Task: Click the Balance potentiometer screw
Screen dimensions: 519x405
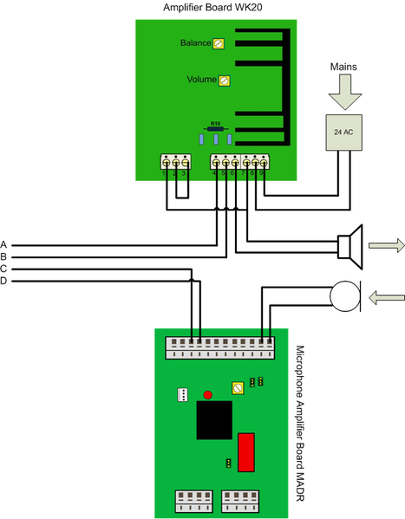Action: pos(219,42)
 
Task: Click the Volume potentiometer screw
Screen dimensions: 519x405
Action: pos(225,81)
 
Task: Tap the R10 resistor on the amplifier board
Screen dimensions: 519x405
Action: pos(216,127)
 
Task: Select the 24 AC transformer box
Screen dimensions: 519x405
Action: pos(344,131)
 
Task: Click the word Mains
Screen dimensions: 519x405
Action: pos(344,66)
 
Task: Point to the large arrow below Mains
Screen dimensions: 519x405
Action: pos(344,92)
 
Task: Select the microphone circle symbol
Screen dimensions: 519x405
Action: pos(344,295)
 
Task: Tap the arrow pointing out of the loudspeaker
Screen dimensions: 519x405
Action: pos(382,245)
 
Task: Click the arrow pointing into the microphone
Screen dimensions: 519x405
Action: pos(385,298)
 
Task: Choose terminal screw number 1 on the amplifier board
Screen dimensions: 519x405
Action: pos(166,161)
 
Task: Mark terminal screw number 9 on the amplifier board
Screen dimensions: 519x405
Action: pos(261,161)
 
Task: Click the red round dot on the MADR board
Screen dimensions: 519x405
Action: pos(207,395)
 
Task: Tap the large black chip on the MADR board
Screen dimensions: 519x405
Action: pos(213,420)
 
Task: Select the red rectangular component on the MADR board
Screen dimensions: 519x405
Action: pos(246,451)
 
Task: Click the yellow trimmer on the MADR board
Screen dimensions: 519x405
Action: pos(238,387)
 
